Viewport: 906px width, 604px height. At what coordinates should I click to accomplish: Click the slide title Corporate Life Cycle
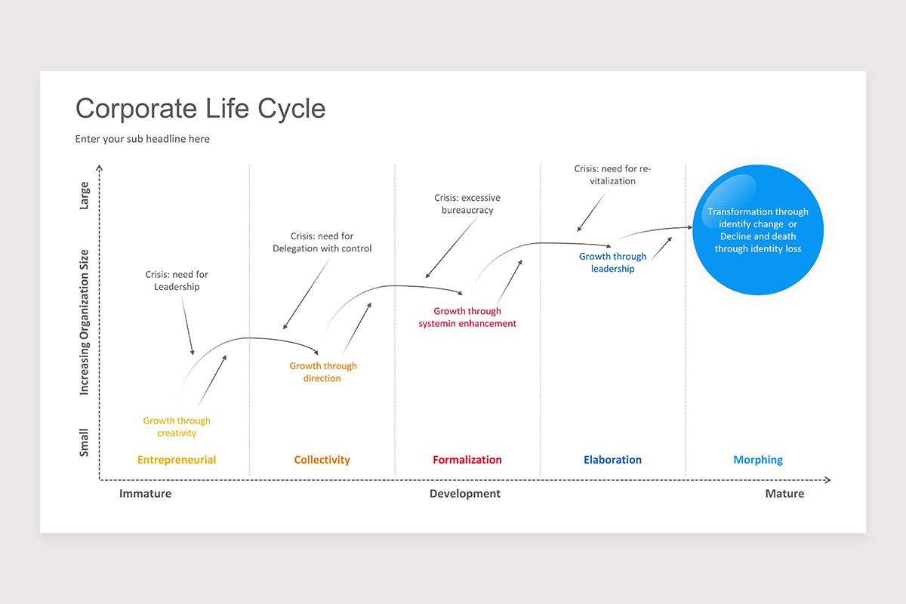click(x=200, y=109)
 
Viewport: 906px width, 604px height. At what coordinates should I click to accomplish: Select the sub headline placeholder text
click(x=143, y=139)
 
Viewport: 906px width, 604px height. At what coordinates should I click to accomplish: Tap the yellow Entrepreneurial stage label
click(x=177, y=460)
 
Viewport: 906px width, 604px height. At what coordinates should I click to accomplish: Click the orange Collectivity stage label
click(x=322, y=460)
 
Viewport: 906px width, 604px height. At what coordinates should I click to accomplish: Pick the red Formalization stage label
click(x=467, y=460)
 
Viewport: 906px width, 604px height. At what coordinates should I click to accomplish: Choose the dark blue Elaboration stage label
click(x=612, y=460)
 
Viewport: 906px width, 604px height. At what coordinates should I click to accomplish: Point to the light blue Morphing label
click(x=758, y=460)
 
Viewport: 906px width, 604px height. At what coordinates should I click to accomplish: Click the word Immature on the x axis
click(x=145, y=494)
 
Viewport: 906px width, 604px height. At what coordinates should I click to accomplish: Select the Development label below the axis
click(x=465, y=494)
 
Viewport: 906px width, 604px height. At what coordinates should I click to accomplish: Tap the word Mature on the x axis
click(x=784, y=494)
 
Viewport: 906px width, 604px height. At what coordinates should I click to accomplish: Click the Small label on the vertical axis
click(x=85, y=442)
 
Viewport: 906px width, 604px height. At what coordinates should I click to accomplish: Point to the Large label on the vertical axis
click(x=85, y=196)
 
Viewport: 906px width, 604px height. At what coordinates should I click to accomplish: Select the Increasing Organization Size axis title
click(x=85, y=322)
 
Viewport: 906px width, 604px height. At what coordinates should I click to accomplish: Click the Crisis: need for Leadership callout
click(x=177, y=281)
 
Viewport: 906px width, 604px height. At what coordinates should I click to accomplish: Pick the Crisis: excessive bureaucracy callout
click(x=467, y=204)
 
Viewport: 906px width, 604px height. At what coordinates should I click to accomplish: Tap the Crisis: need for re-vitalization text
click(x=612, y=175)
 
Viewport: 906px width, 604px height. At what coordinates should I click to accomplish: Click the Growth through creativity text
click(x=177, y=427)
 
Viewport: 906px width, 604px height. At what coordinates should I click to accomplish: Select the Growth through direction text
click(x=323, y=371)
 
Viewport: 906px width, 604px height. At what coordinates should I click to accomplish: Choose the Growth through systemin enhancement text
click(x=467, y=317)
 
